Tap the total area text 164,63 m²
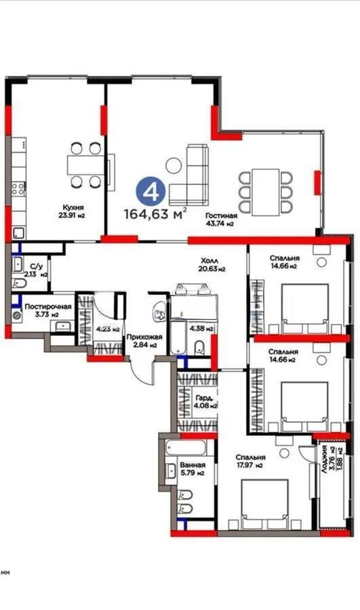coord(155,214)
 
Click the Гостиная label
coord(221,218)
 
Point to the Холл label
coord(211,264)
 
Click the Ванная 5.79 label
coord(188,470)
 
